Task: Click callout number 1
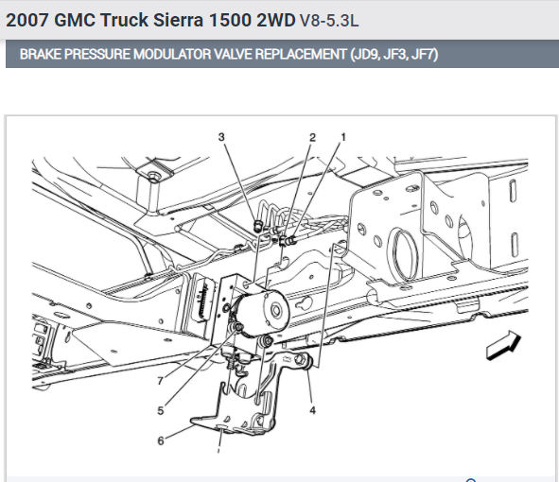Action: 343,137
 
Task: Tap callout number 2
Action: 312,137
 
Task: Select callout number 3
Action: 221,137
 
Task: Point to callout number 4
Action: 312,410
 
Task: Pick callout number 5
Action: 161,411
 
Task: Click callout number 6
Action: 161,441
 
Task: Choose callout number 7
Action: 161,381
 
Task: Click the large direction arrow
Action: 503,345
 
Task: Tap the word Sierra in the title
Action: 178,20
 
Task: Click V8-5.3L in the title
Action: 329,20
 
